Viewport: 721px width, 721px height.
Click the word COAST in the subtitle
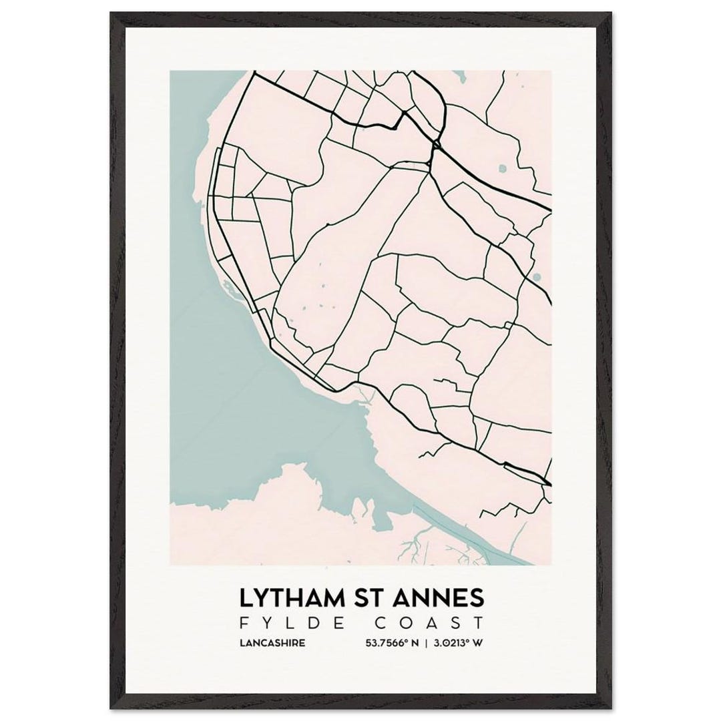429,624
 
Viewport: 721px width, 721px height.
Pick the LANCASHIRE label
271,644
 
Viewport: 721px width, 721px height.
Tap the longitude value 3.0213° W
459,644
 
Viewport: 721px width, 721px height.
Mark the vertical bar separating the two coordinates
425,644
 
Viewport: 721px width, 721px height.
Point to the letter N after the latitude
415,644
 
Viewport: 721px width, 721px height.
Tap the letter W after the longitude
479,644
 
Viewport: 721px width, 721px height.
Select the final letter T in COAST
478,624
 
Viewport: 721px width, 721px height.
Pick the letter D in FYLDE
302,624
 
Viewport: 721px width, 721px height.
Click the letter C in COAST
379,624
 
